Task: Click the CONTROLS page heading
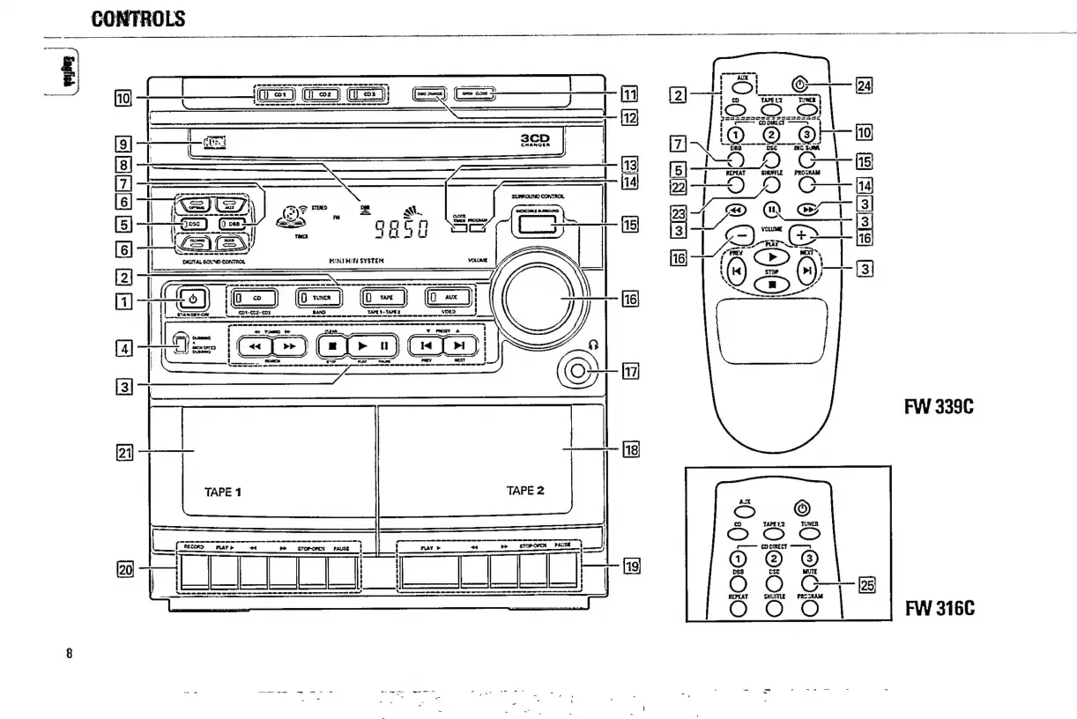pos(138,18)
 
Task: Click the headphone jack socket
pos(576,372)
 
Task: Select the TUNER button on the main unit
pos(316,299)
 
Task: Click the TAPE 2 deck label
pos(526,490)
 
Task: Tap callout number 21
pos(126,453)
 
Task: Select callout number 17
pos(629,371)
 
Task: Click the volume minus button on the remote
pos(742,237)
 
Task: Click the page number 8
pos(69,653)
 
